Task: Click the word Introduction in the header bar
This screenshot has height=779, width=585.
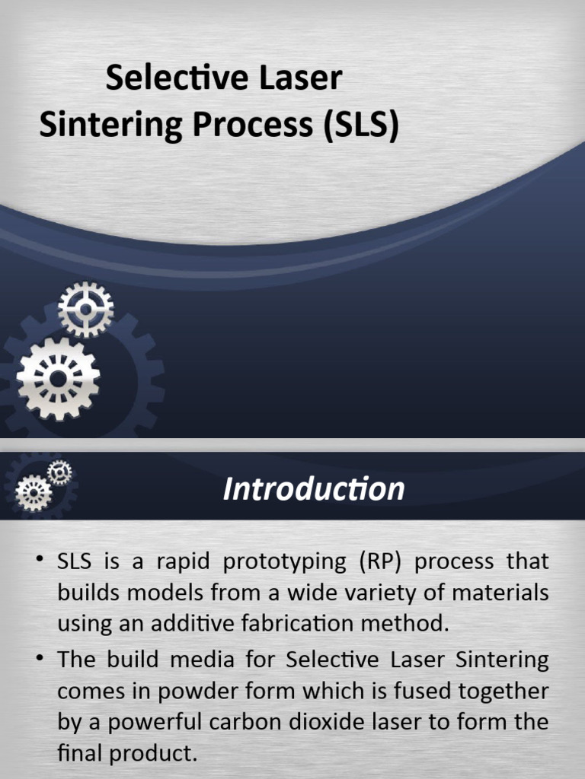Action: pos(313,489)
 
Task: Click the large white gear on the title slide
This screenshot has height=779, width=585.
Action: pos(58,379)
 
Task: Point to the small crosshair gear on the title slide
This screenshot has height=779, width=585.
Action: pos(85,309)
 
